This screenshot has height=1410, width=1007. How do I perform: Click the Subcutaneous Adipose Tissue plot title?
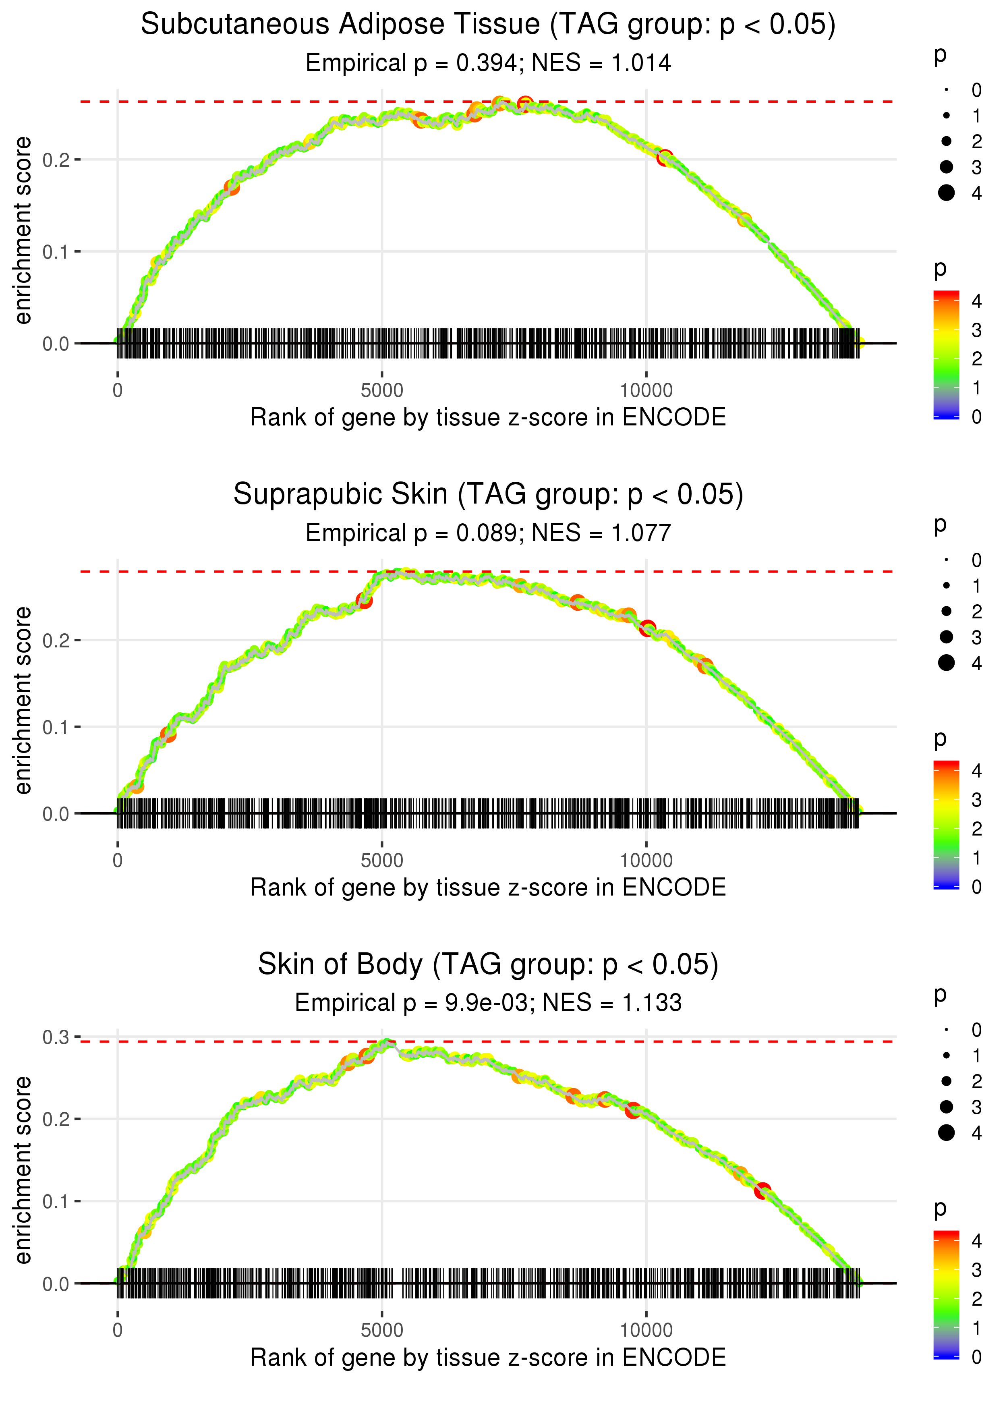click(x=488, y=25)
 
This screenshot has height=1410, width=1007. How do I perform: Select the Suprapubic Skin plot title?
click(x=488, y=494)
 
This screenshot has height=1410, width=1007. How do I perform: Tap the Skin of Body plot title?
click(x=488, y=964)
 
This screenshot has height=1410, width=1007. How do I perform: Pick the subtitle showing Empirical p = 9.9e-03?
click(x=488, y=1003)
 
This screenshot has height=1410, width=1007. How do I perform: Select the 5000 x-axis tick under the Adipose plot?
click(x=382, y=391)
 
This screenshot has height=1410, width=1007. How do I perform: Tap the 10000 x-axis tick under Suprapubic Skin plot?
click(x=646, y=861)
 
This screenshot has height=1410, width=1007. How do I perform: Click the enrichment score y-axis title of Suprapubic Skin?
click(x=23, y=701)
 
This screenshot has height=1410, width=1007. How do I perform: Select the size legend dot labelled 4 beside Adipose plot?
click(x=946, y=193)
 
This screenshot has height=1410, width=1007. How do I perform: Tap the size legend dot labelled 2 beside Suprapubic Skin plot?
click(x=946, y=612)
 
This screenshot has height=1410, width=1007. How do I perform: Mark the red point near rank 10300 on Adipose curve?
click(x=665, y=158)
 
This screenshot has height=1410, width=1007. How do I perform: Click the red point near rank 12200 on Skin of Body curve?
click(x=762, y=1190)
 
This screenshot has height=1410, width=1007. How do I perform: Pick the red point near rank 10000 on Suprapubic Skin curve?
click(x=647, y=628)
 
